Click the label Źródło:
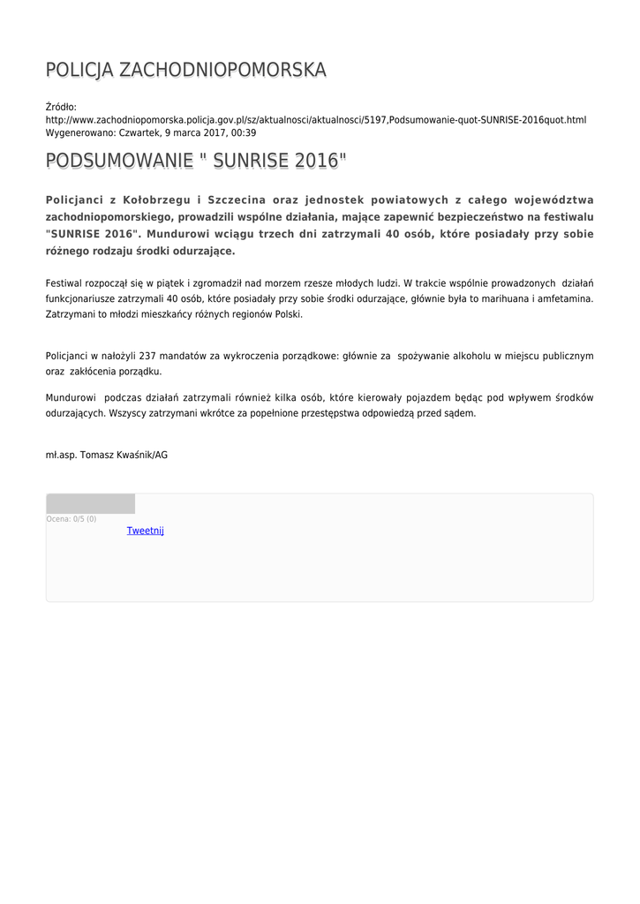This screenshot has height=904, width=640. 61,107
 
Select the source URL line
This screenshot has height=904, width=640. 316,119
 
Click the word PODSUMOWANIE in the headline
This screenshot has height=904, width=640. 119,161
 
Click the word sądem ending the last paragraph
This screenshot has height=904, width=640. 460,413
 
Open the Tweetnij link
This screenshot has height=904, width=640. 145,531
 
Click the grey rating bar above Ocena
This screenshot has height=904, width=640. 90,504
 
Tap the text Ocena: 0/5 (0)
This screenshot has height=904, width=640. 72,519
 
